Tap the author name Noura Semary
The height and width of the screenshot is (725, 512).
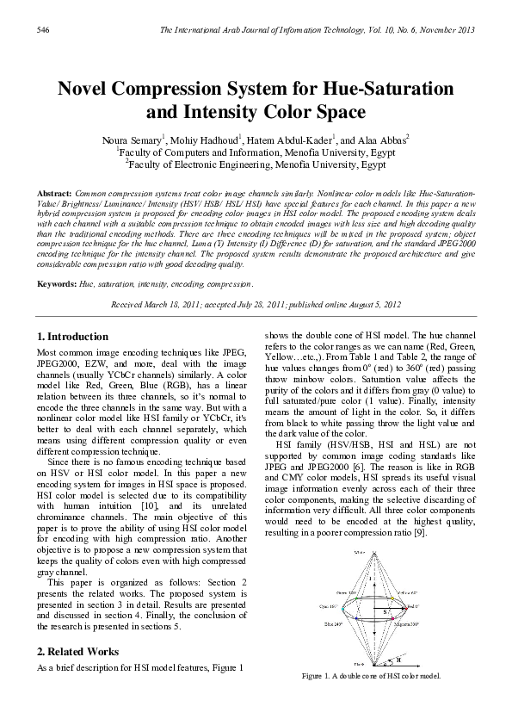tap(126, 139)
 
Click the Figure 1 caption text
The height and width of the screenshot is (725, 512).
tap(371, 677)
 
